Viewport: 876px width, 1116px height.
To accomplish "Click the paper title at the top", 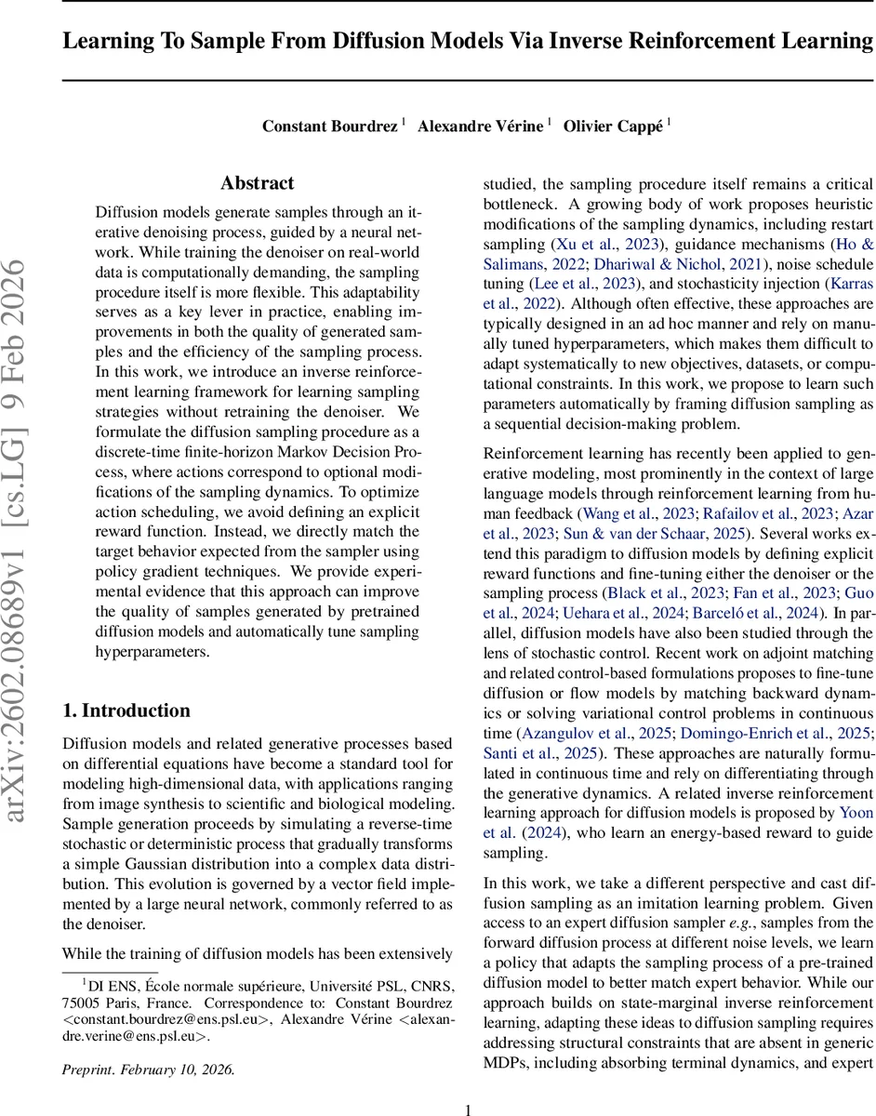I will tap(468, 41).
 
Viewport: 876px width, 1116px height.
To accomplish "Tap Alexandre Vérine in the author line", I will tap(479, 126).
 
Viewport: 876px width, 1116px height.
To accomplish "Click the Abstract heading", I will tap(257, 183).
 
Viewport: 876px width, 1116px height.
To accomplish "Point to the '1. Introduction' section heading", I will tap(126, 711).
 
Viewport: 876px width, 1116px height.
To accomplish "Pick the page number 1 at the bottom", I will tap(468, 1109).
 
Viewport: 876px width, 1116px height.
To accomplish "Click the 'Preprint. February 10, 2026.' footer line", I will tap(149, 1069).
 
